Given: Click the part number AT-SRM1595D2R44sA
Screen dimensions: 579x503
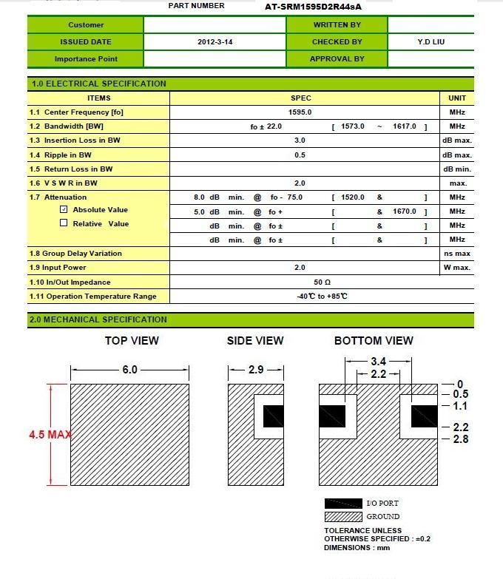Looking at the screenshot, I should click(313, 7).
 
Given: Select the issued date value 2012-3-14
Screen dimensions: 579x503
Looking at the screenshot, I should click(215, 42).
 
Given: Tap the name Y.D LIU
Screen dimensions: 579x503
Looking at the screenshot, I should click(431, 42).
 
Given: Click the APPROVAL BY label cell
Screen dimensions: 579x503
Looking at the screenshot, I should click(337, 59).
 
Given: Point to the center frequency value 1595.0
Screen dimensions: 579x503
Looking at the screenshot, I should click(300, 112).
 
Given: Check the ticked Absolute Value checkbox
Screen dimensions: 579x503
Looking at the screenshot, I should click(64, 210).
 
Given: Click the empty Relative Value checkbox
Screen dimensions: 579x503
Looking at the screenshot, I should click(64, 223).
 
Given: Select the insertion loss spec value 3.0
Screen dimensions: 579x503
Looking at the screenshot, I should click(300, 140).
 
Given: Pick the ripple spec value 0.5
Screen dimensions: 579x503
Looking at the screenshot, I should click(300, 155).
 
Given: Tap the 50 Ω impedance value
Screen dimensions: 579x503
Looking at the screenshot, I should click(322, 282).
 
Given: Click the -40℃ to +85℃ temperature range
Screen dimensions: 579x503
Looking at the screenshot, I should click(322, 297).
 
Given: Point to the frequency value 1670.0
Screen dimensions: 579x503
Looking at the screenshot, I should click(405, 211).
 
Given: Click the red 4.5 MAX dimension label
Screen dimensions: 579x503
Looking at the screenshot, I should click(50, 435).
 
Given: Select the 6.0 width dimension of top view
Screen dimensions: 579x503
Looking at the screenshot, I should click(129, 370).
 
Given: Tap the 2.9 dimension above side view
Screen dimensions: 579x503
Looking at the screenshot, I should click(255, 370).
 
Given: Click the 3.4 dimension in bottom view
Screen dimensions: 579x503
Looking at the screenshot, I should click(378, 362).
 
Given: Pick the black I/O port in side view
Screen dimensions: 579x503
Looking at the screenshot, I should click(274, 416).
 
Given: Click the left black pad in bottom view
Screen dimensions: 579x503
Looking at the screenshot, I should click(332, 416).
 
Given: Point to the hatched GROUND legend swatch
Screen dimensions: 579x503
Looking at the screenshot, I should click(343, 517).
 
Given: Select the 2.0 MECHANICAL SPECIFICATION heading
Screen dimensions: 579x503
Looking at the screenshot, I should click(98, 320).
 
